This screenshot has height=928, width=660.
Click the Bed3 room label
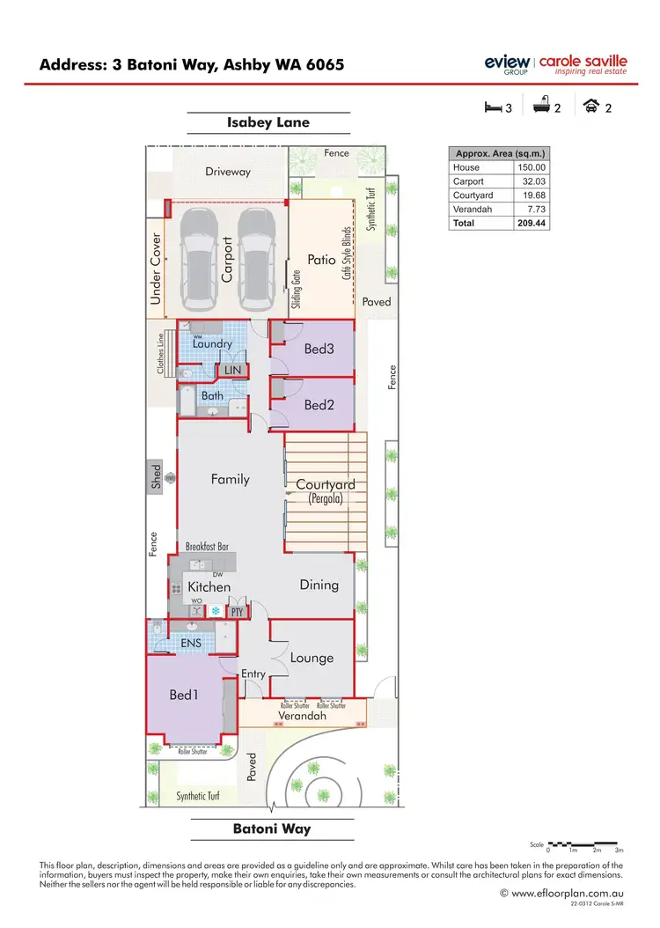point(318,349)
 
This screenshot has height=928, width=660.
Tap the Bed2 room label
point(318,405)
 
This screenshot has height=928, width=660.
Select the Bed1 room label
point(184,695)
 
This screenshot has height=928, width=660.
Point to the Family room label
point(231,480)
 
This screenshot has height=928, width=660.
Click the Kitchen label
point(209,586)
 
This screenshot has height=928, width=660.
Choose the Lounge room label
point(312,657)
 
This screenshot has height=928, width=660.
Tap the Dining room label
point(319,585)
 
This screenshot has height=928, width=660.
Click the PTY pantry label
point(236,610)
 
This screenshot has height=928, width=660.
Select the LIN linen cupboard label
point(232,371)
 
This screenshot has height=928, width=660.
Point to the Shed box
point(157,476)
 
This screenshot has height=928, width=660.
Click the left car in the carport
point(199,261)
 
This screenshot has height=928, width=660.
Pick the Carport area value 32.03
point(532,180)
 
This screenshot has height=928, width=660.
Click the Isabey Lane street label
point(268,122)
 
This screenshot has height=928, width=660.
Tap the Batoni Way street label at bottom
point(271,829)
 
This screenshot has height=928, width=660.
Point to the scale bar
point(585,843)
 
